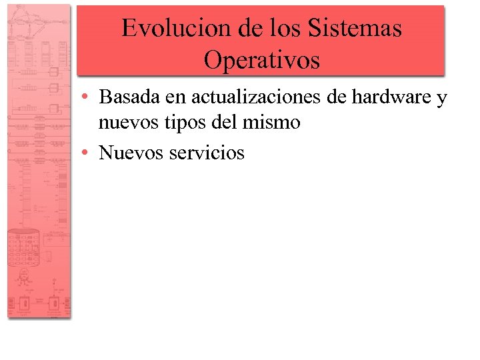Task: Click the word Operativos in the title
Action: tap(261, 60)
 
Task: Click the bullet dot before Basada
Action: tap(87, 97)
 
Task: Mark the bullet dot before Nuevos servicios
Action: tap(87, 153)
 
